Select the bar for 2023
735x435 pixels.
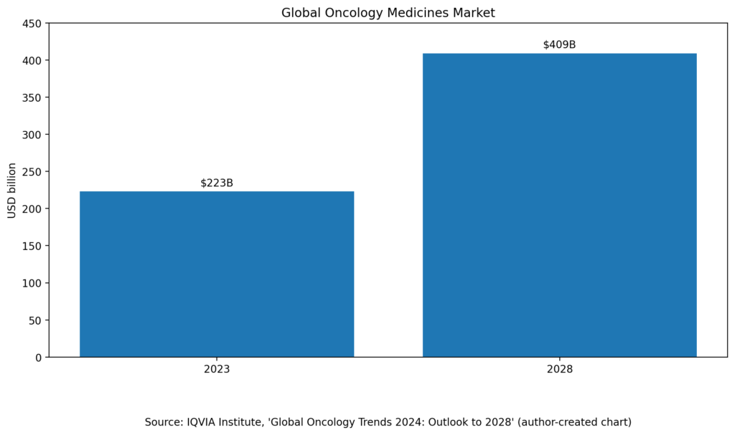click(217, 274)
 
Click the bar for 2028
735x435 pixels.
click(559, 205)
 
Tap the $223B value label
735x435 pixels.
click(217, 183)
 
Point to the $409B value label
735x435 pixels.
click(559, 44)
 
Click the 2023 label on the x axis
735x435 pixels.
click(217, 370)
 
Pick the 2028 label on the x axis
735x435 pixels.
click(559, 370)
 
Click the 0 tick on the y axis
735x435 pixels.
click(38, 357)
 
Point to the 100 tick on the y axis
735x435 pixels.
click(32, 283)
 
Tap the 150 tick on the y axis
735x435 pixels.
click(32, 246)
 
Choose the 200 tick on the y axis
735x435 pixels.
click(32, 209)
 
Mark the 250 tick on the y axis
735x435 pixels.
click(32, 171)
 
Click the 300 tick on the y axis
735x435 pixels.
click(32, 134)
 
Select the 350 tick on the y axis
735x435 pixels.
click(32, 97)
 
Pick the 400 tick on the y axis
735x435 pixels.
click(32, 60)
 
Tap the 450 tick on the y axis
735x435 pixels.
click(32, 23)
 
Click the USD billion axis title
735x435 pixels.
click(11, 190)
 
